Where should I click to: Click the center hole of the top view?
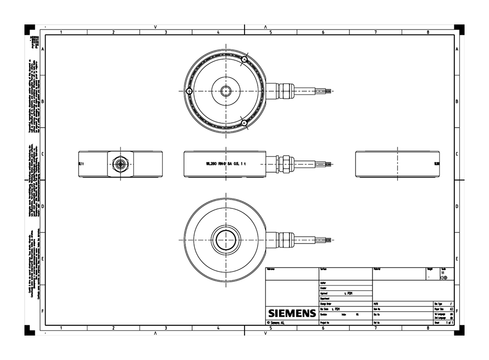pos(226,91)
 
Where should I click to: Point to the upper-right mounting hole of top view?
pos(244,59)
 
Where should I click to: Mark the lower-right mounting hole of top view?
pos(244,123)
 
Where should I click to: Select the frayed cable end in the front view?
pos(331,164)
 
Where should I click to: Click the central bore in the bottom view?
pos(226,240)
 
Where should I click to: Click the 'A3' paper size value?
pos(451,309)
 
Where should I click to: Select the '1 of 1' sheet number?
pos(448,323)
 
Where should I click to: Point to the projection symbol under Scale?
pos(444,278)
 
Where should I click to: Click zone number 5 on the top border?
pos(270,32)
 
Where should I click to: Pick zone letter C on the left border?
pos(43,154)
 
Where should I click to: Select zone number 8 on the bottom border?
pos(428,328)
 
